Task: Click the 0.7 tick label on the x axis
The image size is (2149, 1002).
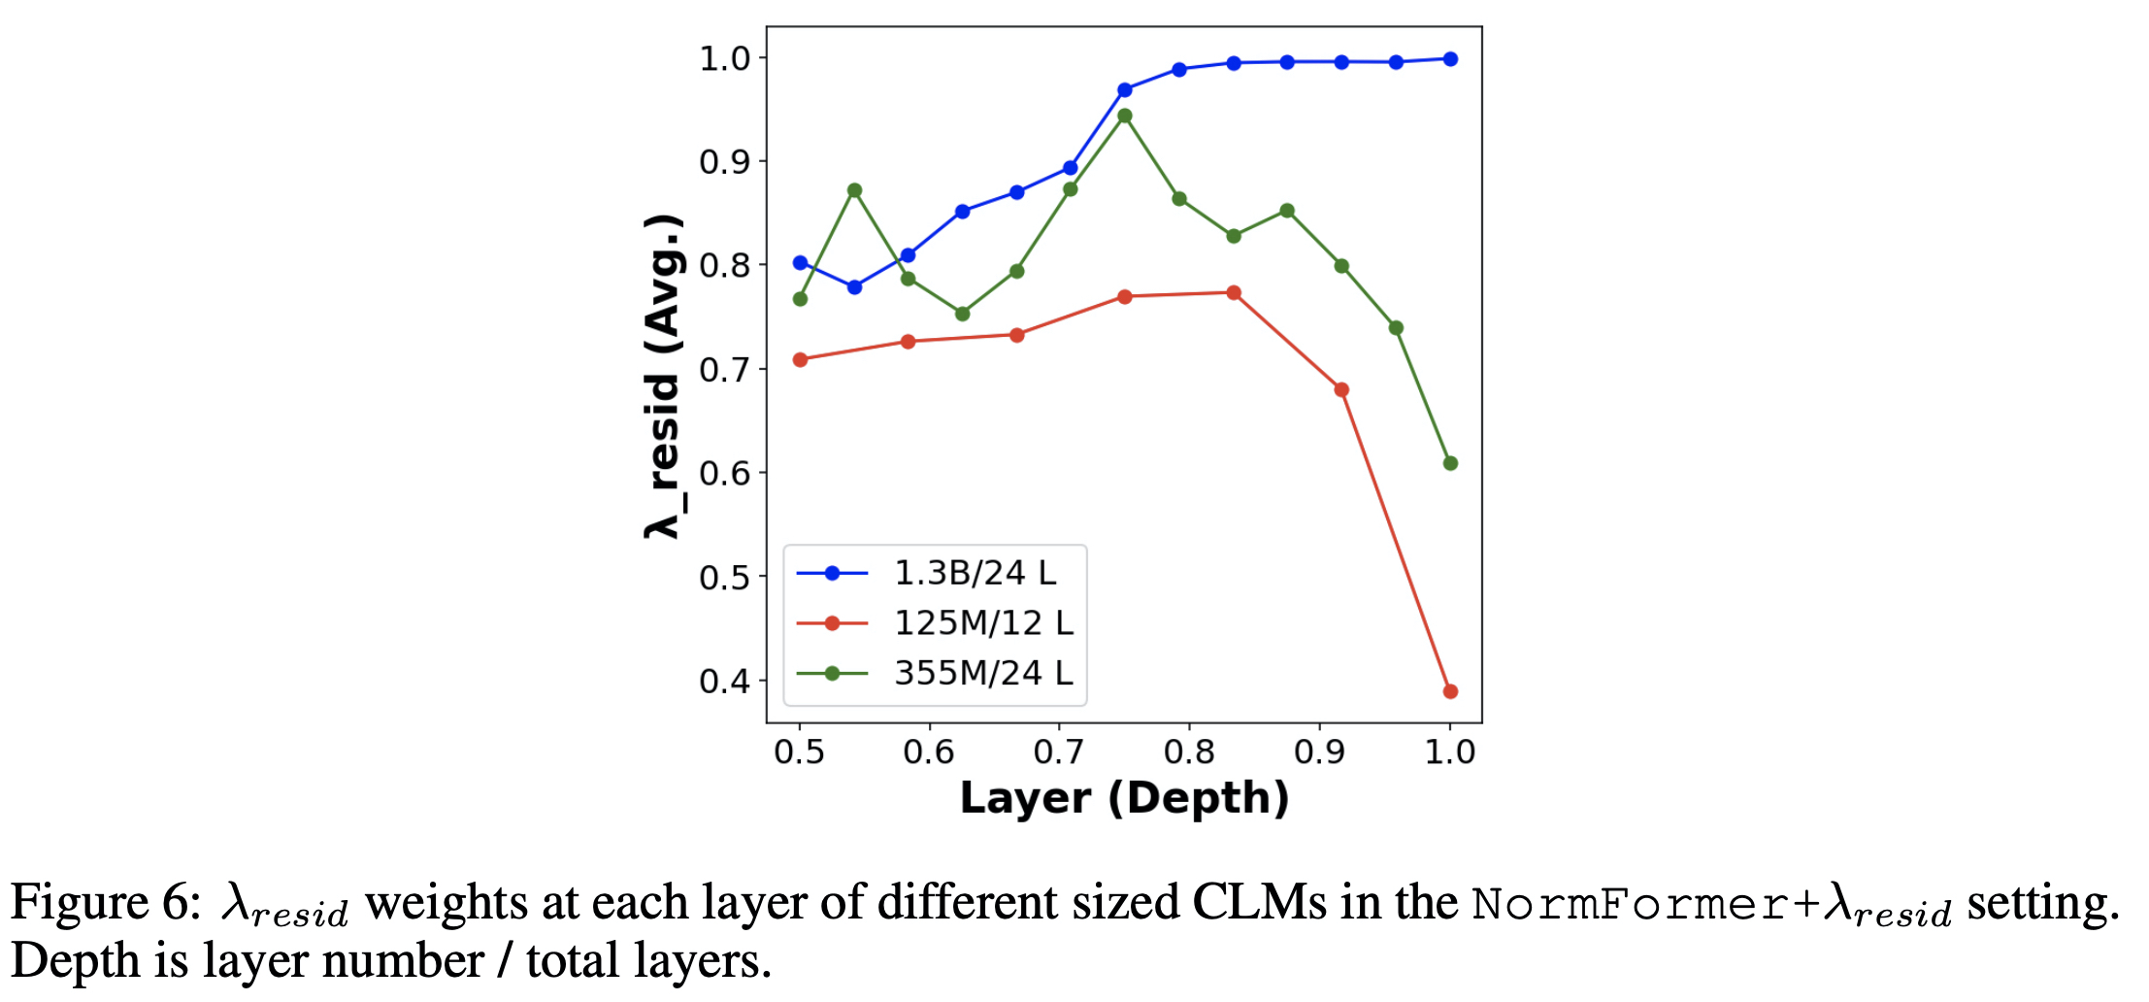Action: coord(1059,751)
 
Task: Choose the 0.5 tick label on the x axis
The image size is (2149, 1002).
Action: coord(799,751)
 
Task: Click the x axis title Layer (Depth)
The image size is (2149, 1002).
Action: coord(1124,798)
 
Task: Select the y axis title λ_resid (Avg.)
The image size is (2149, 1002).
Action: coord(663,376)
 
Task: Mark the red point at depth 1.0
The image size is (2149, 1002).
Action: coord(1450,691)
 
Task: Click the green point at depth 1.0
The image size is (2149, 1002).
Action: coord(1450,463)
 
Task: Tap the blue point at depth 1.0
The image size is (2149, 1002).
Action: coord(1450,59)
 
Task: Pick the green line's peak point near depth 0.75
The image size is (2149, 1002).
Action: coord(1125,116)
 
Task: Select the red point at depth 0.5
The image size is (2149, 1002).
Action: coord(800,359)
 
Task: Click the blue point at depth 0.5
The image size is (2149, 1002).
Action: coord(800,262)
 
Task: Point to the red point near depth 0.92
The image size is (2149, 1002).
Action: coord(1341,389)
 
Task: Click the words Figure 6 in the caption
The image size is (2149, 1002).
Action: coord(104,903)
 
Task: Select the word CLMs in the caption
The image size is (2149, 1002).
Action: coord(1259,903)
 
